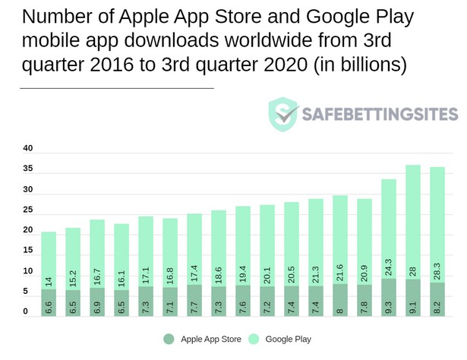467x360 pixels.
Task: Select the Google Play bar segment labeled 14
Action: [x=49, y=258]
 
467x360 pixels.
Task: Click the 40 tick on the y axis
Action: [x=27, y=148]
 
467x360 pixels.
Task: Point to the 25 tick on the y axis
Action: [x=27, y=210]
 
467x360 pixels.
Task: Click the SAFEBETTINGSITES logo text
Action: [x=380, y=115]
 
